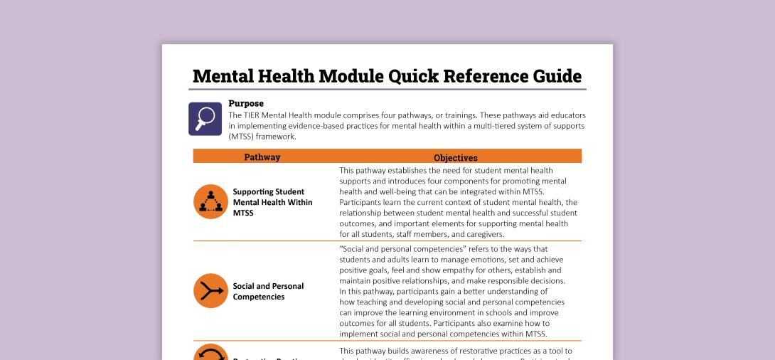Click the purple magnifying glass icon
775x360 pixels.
(x=205, y=118)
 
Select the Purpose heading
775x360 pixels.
(x=246, y=104)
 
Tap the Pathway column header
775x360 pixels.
(x=262, y=157)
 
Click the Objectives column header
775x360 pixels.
(x=456, y=158)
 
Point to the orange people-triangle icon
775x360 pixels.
(x=210, y=202)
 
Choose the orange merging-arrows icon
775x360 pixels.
(x=210, y=291)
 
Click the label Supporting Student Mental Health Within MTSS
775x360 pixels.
(x=268, y=202)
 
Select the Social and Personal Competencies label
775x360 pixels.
(x=268, y=291)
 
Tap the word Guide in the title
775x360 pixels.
(x=558, y=76)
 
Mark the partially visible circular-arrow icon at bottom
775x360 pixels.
(x=210, y=353)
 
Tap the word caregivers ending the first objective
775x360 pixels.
(x=481, y=234)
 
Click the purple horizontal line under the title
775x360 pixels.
(x=387, y=90)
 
